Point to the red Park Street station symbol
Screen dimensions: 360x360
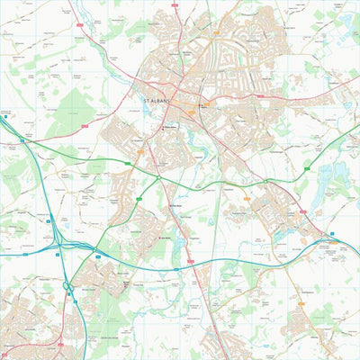click(170, 204)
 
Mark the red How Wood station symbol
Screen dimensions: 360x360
click(159, 236)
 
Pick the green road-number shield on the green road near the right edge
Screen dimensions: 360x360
click(306, 165)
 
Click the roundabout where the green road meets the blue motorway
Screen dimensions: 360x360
click(93, 253)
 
